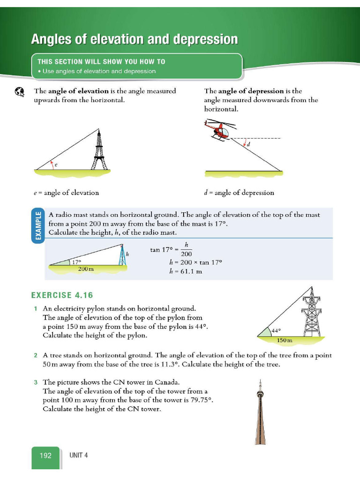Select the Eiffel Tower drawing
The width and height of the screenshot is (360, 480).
click(x=99, y=150)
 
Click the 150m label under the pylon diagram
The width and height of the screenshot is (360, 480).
click(x=285, y=340)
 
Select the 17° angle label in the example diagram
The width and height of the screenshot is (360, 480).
click(x=76, y=262)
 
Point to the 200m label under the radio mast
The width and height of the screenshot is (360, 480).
click(x=86, y=269)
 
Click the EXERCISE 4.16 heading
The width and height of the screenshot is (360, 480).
click(x=62, y=295)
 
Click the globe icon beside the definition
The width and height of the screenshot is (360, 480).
click(x=19, y=92)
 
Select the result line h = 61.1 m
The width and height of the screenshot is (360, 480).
click(x=186, y=271)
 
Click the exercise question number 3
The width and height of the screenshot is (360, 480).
click(x=35, y=382)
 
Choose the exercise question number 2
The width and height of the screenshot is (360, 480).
click(x=35, y=356)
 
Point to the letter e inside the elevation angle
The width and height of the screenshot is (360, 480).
click(x=56, y=165)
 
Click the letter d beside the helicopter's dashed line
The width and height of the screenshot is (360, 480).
click(x=248, y=144)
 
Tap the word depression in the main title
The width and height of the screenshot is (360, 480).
click(x=210, y=39)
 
